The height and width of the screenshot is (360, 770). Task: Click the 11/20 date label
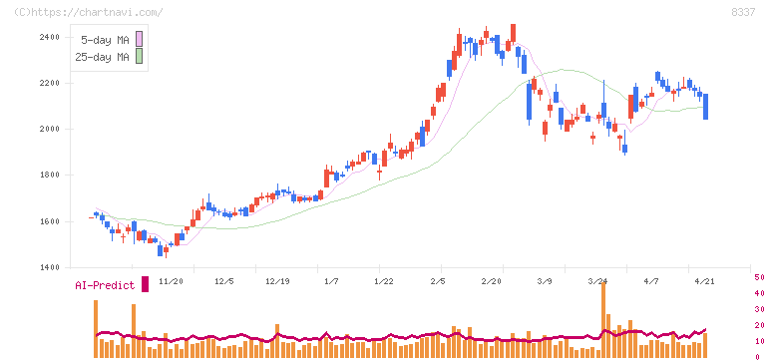[x=170, y=282]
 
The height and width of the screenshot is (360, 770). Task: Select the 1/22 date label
[x=384, y=282]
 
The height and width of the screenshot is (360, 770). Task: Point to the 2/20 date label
[x=492, y=282]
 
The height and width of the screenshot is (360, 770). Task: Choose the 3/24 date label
[x=598, y=282]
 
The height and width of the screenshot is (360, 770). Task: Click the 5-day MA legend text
[x=104, y=39]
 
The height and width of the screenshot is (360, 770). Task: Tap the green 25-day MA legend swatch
[x=140, y=57]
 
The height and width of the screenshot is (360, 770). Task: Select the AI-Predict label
[x=105, y=285]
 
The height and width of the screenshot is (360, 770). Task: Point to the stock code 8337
[x=742, y=12]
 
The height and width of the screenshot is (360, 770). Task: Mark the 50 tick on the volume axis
[x=759, y=277]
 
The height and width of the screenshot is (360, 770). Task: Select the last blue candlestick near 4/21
[x=706, y=106]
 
